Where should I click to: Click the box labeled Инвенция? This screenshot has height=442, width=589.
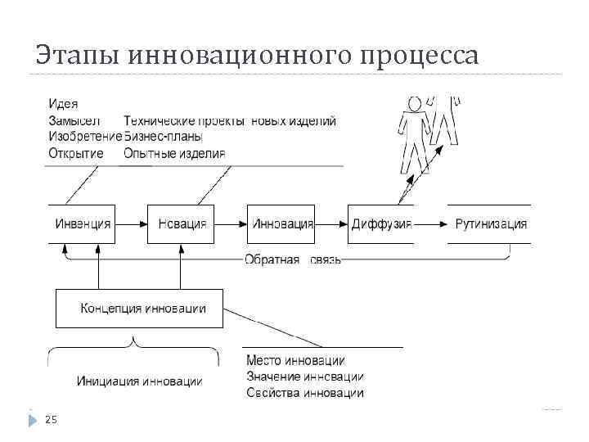(x=83, y=223)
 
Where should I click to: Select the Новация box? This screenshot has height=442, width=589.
(x=182, y=223)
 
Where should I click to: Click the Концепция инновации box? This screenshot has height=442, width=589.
(x=140, y=309)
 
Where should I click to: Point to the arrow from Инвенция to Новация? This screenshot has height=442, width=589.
(x=131, y=223)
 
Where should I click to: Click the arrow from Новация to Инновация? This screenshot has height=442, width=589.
(x=231, y=223)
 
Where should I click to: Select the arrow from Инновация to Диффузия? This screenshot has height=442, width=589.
(x=330, y=223)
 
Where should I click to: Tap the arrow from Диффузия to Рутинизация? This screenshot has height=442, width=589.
(x=430, y=223)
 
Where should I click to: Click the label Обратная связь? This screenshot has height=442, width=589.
(x=293, y=259)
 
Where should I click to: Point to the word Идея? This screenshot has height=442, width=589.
(x=64, y=104)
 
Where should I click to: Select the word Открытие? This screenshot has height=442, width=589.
(x=76, y=153)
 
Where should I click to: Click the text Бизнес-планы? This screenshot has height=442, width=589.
(x=163, y=137)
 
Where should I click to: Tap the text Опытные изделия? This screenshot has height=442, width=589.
(x=174, y=153)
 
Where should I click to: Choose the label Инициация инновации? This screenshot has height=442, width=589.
(x=139, y=381)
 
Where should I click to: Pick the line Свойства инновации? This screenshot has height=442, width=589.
(x=305, y=393)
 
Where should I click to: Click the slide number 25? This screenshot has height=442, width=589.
(x=52, y=420)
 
